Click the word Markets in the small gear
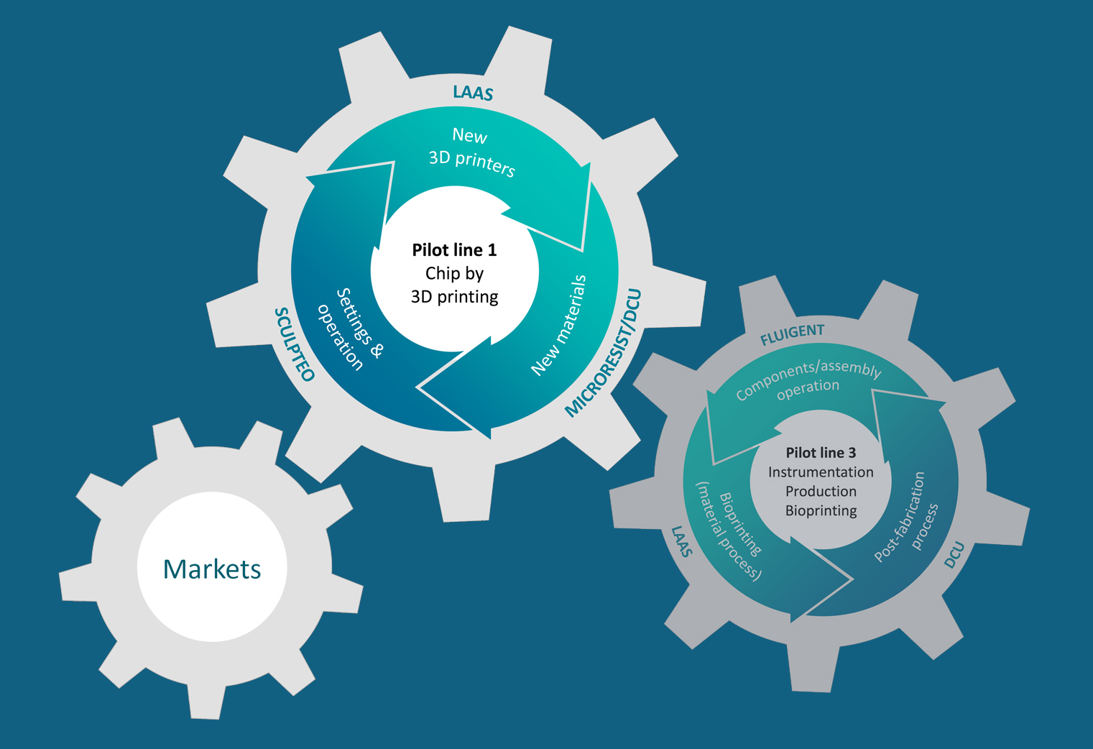pyautogui.click(x=212, y=569)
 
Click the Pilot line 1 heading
pyautogui.click(x=454, y=250)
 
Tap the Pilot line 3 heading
pyautogui.click(x=821, y=453)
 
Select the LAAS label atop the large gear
pyautogui.click(x=473, y=93)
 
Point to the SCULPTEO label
pyautogui.click(x=295, y=344)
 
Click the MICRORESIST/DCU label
pyautogui.click(x=603, y=353)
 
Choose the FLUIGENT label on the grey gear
pyautogui.click(x=792, y=335)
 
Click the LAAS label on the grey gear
pyautogui.click(x=681, y=541)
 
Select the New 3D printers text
pyautogui.click(x=471, y=152)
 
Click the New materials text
pyautogui.click(x=559, y=325)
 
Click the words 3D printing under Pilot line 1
pyautogui.click(x=454, y=297)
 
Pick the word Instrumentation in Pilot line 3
pyautogui.click(x=821, y=472)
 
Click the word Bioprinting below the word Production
pyautogui.click(x=821, y=511)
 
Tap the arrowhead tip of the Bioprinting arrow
pyautogui.click(x=851, y=578)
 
